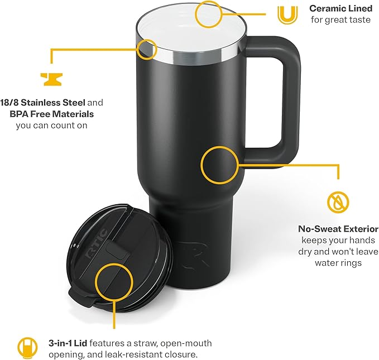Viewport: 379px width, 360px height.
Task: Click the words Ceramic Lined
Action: (340, 8)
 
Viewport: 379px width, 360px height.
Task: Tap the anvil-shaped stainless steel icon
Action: (51, 78)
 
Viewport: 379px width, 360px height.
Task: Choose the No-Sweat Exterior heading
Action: (338, 229)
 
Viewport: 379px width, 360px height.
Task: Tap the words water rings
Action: (338, 262)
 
